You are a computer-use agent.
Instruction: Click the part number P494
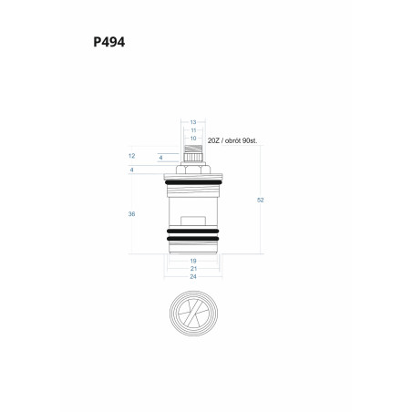(108, 42)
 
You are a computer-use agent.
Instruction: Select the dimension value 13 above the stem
(193, 122)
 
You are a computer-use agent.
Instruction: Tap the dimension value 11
(193, 130)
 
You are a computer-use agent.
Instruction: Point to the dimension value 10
(193, 139)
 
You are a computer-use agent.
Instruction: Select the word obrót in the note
(232, 140)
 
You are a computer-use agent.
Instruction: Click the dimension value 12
(131, 156)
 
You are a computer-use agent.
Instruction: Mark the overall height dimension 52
(261, 200)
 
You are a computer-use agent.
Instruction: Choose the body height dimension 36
(131, 214)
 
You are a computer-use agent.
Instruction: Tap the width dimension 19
(193, 261)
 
